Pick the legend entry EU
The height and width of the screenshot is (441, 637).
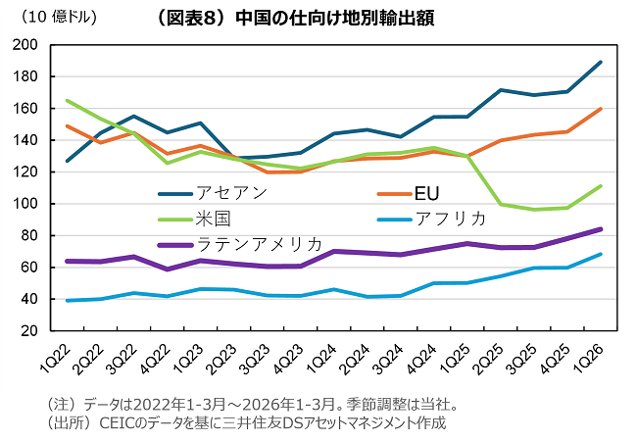pyautogui.click(x=427, y=191)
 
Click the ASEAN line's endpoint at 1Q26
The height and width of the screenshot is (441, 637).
pyautogui.click(x=600, y=63)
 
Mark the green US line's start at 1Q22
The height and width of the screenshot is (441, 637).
pyautogui.click(x=67, y=101)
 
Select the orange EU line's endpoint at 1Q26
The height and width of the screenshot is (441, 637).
pyautogui.click(x=600, y=109)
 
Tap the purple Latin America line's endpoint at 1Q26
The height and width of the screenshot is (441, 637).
pyautogui.click(x=600, y=229)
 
